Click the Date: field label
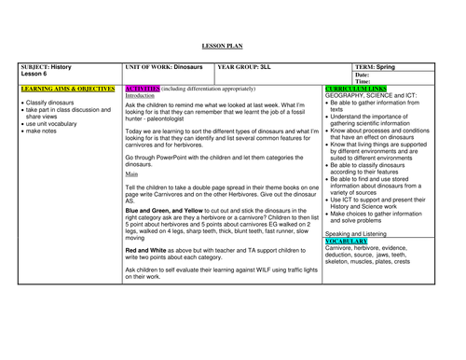[363, 75]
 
